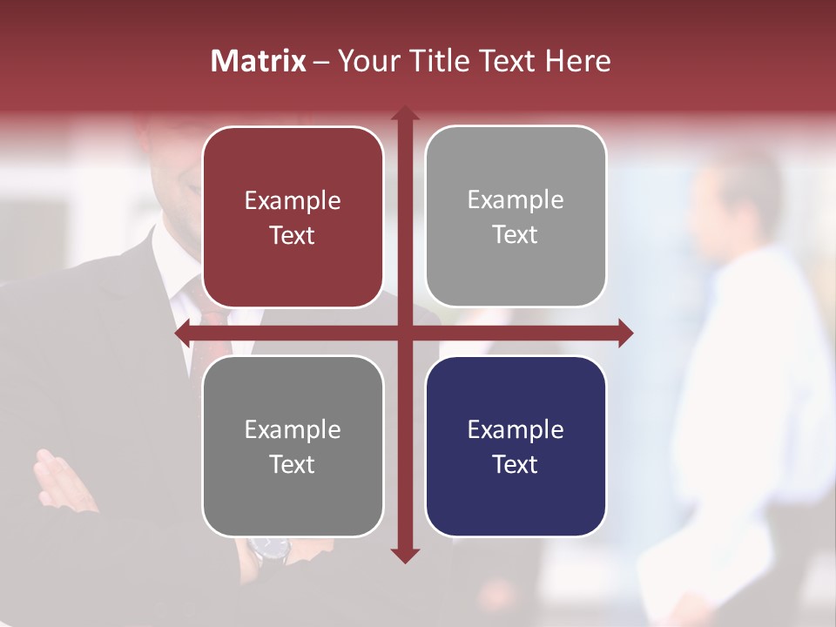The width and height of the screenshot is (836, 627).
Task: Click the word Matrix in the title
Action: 259,61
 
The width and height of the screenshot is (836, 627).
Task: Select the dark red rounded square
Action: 293,217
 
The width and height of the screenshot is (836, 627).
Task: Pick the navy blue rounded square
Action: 516,446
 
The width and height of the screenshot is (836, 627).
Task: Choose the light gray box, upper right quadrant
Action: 516,216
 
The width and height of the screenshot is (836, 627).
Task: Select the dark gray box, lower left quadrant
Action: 293,446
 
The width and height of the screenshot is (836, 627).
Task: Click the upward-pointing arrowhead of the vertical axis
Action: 404,113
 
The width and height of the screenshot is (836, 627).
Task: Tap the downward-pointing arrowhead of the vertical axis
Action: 404,556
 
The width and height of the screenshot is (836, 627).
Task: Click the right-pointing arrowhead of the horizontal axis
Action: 625,333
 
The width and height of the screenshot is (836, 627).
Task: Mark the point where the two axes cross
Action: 404,333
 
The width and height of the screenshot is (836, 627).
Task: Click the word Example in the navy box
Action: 516,429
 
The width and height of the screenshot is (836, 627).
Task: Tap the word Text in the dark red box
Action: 293,235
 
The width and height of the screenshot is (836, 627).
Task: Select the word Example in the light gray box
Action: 516,199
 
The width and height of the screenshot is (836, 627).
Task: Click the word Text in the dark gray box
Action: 293,464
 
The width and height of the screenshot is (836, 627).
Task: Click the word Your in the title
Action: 364,61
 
